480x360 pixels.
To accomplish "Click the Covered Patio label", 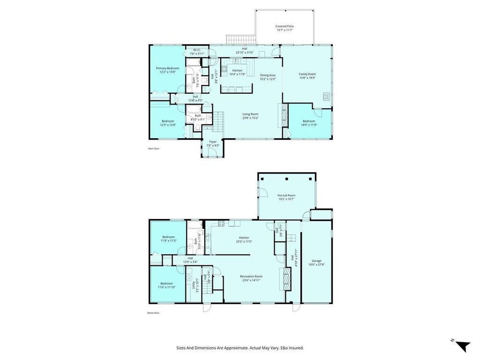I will (285, 26).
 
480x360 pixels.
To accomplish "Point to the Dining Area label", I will (268, 75).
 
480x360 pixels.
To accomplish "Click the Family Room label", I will (307, 74).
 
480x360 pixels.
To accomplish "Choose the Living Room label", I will (250, 114).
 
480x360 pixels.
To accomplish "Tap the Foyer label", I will (213, 142).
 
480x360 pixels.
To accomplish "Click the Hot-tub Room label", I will (286, 195).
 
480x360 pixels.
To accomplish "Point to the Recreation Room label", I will (251, 276).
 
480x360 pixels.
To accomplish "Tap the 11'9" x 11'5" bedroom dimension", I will (168, 241).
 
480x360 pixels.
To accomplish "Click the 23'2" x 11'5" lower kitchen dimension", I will (244, 241).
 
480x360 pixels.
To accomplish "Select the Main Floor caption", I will (154, 149).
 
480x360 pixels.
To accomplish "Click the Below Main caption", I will (154, 313).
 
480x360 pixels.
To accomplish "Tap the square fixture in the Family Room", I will (326, 97).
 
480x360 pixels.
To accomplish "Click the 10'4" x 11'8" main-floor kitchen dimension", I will (237, 74).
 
